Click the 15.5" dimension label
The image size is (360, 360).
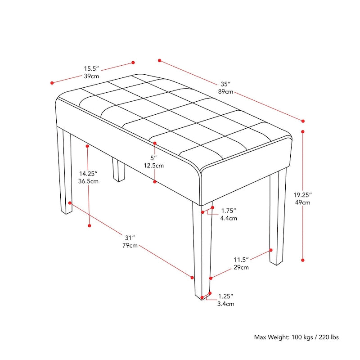(91, 69)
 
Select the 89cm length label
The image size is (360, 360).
(225, 92)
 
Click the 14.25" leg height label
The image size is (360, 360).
(89, 173)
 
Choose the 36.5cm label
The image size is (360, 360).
(89, 181)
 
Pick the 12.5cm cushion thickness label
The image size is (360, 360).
(154, 166)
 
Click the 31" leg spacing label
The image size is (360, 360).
(130, 238)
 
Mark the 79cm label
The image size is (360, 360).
(130, 245)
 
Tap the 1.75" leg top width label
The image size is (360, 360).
(228, 211)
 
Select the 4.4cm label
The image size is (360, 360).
(228, 218)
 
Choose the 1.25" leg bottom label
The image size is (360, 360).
(225, 296)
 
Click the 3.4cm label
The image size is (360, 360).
(225, 304)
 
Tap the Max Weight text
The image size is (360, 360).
(296, 337)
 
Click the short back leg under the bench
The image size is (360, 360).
(119, 170)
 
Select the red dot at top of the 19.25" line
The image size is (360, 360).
(303, 132)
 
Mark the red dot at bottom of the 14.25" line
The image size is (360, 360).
(90, 225)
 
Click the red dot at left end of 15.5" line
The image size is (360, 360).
(52, 83)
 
